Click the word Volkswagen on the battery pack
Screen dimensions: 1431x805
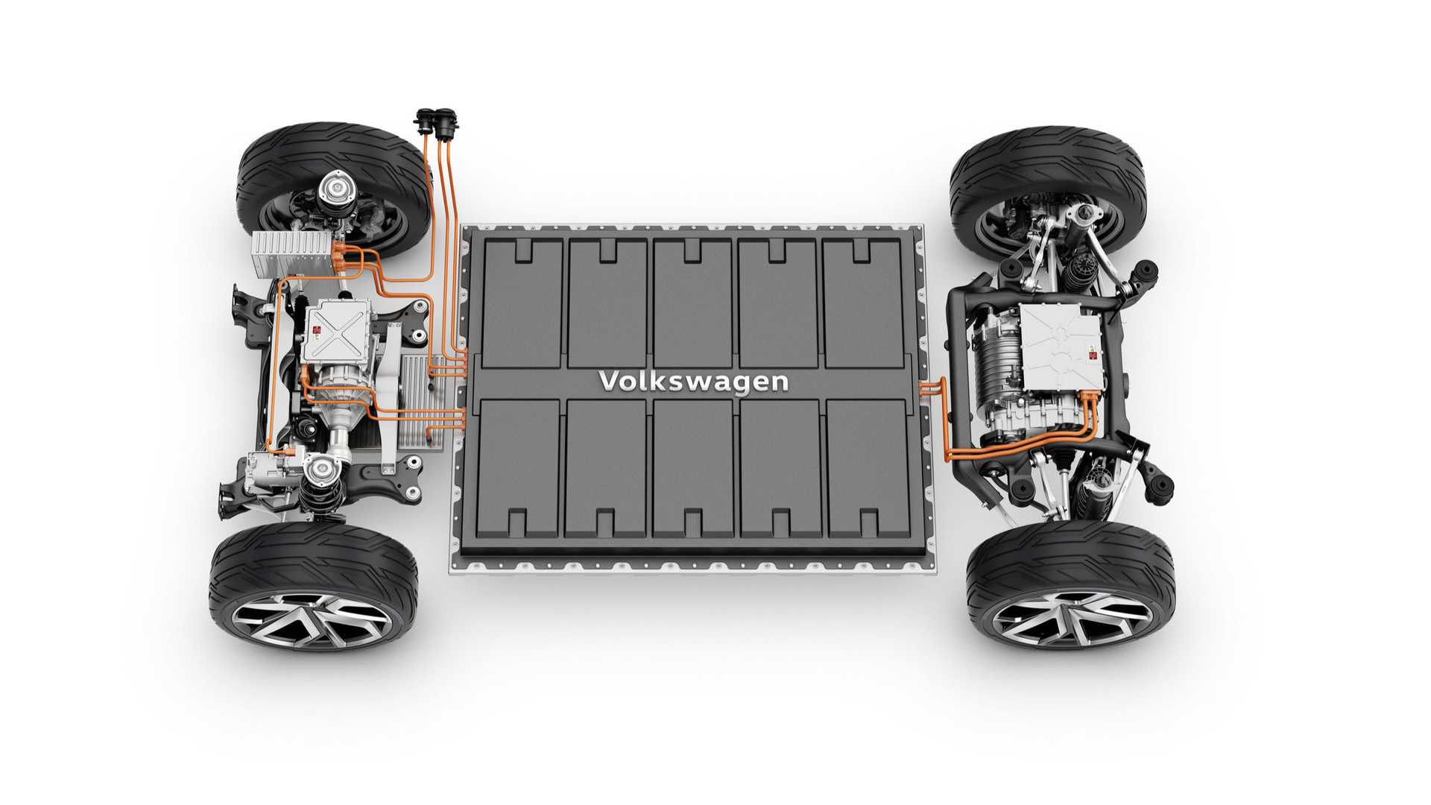click(694, 381)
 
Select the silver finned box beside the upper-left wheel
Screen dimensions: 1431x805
click(291, 253)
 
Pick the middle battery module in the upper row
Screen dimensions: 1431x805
click(692, 303)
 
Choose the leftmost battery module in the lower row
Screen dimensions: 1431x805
click(518, 468)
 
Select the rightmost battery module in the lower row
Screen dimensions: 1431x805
click(869, 468)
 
